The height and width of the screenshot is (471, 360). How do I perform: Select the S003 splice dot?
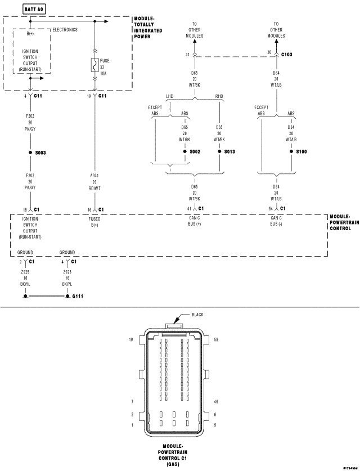(x=30, y=152)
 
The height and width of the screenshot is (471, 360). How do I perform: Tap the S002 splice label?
(x=195, y=152)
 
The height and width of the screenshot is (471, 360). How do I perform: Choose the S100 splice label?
(x=301, y=152)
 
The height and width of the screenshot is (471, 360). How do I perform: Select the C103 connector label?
(x=286, y=55)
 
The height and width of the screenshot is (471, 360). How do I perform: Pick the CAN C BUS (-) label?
(x=276, y=221)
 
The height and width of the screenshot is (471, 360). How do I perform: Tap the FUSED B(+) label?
(x=94, y=221)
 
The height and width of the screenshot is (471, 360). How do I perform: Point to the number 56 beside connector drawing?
(x=217, y=340)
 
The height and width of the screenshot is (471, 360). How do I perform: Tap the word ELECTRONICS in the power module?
(x=65, y=30)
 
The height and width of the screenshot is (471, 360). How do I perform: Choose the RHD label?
(x=219, y=96)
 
